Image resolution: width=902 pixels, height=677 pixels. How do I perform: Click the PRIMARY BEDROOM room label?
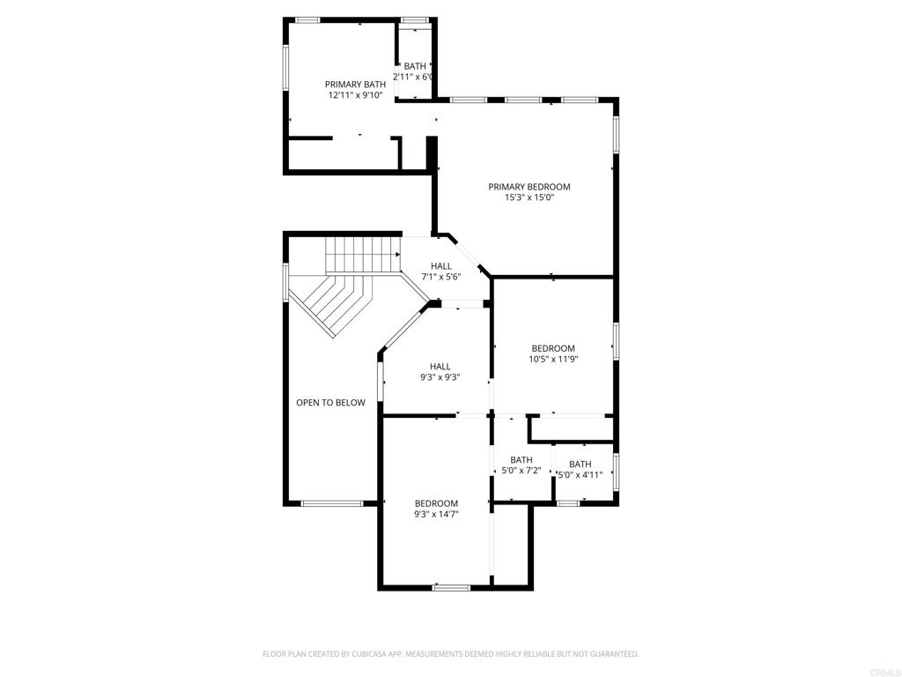pos(529,187)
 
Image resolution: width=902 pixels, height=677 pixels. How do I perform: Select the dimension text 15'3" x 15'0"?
pos(529,198)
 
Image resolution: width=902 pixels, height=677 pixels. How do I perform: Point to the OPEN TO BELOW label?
pos(330,403)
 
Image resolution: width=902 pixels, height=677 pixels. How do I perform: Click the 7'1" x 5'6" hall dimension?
pos(441,277)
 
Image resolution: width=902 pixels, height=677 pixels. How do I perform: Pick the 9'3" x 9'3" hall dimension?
pos(440,377)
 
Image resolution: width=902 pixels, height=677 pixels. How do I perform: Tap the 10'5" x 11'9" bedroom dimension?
pos(553,359)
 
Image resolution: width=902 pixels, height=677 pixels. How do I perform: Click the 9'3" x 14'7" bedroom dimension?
pos(437,514)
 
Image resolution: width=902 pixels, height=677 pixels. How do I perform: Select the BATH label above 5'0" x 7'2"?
pos(521,459)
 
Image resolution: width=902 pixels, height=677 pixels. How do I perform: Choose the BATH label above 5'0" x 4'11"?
pos(580,465)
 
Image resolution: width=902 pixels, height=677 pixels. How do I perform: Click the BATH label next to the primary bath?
pos(415,66)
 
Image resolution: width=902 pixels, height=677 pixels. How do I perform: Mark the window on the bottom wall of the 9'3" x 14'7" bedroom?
pos(452,587)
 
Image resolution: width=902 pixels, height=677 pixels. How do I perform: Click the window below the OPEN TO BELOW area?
pos(331,503)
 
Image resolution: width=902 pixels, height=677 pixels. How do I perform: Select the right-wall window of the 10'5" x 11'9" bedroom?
pos(616,342)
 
